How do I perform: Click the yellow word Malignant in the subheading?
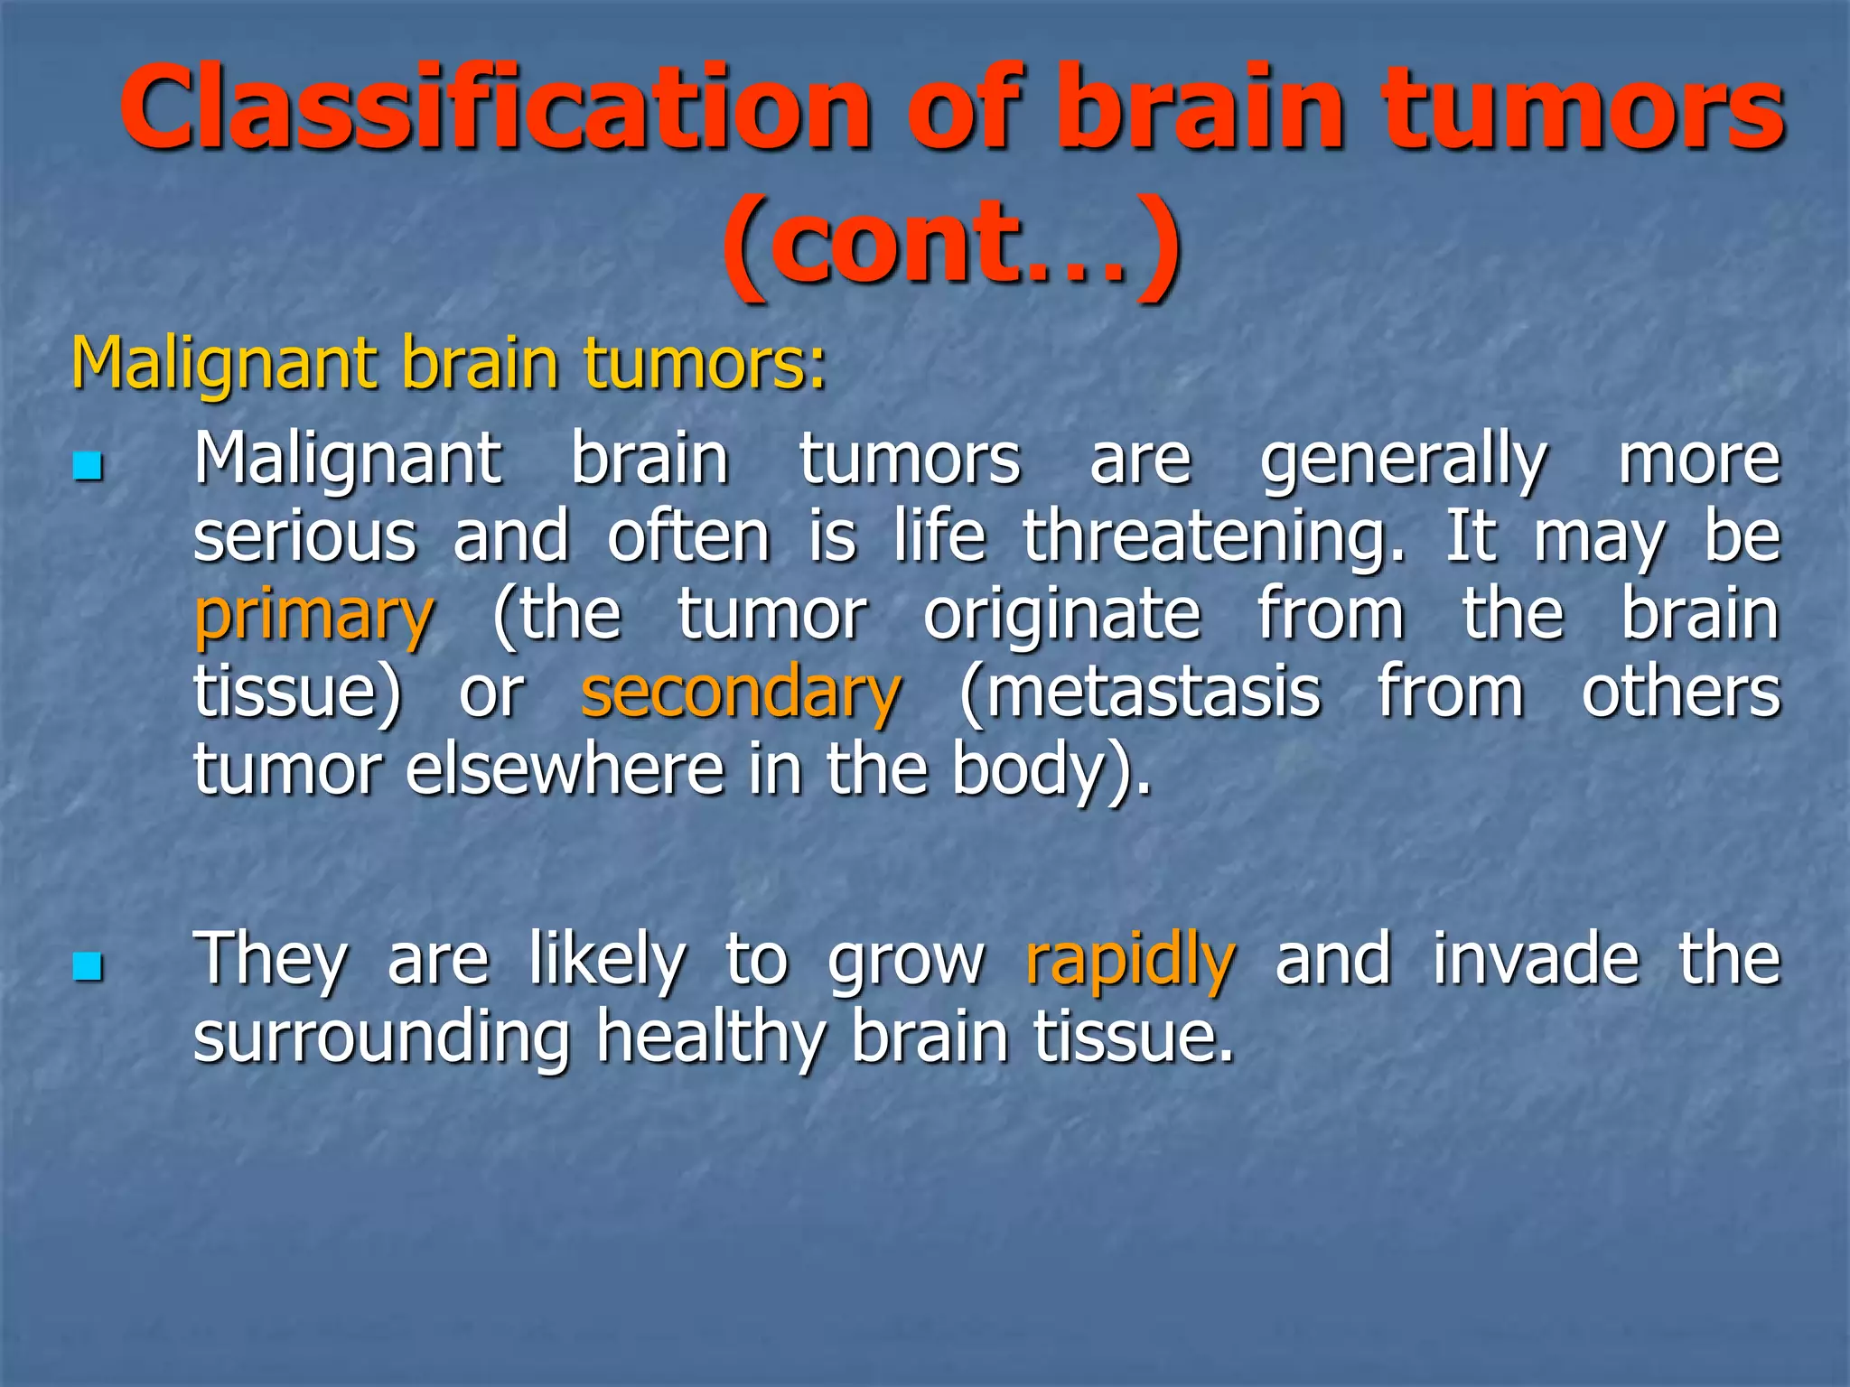pyautogui.click(x=224, y=363)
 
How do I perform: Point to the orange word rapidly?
pyautogui.click(x=1130, y=961)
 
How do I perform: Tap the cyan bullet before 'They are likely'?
pyautogui.click(x=88, y=967)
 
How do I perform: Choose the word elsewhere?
pyautogui.click(x=565, y=769)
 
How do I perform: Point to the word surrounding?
pyautogui.click(x=381, y=1038)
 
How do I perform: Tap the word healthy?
pyautogui.click(x=710, y=1038)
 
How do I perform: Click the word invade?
pyautogui.click(x=1535, y=959)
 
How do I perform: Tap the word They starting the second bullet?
pyautogui.click(x=270, y=961)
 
